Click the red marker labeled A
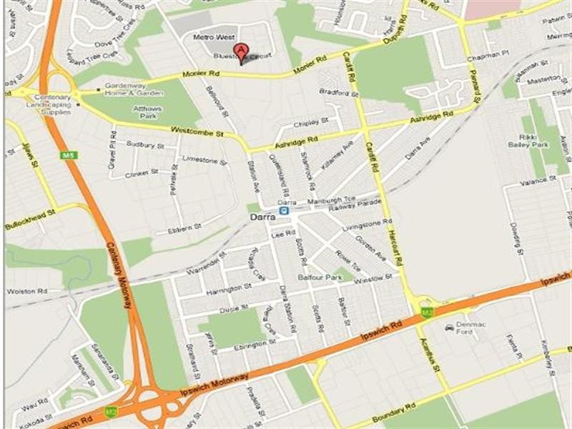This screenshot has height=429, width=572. pos(242,51)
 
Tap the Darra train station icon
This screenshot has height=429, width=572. pos(285,212)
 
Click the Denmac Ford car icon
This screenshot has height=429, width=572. pos(449,327)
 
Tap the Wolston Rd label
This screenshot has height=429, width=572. pos(21,292)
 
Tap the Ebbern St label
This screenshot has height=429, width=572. pos(184,228)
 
